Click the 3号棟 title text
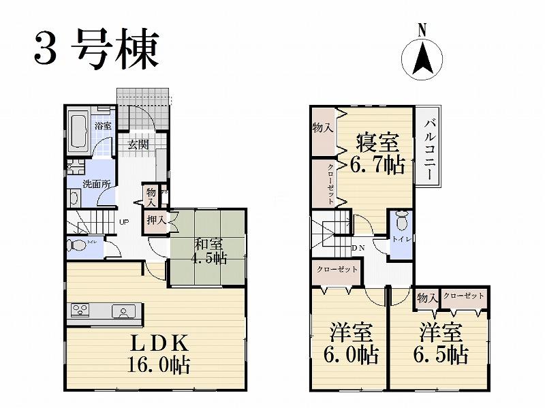pos(95,49)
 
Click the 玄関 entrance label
pos(138,144)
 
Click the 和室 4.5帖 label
pos(209,250)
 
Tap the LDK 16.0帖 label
pos(157,354)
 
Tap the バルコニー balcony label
pos(430,148)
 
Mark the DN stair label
pos(359,247)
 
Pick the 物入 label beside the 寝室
pos(322,128)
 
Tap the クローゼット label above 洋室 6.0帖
pos(337,270)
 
